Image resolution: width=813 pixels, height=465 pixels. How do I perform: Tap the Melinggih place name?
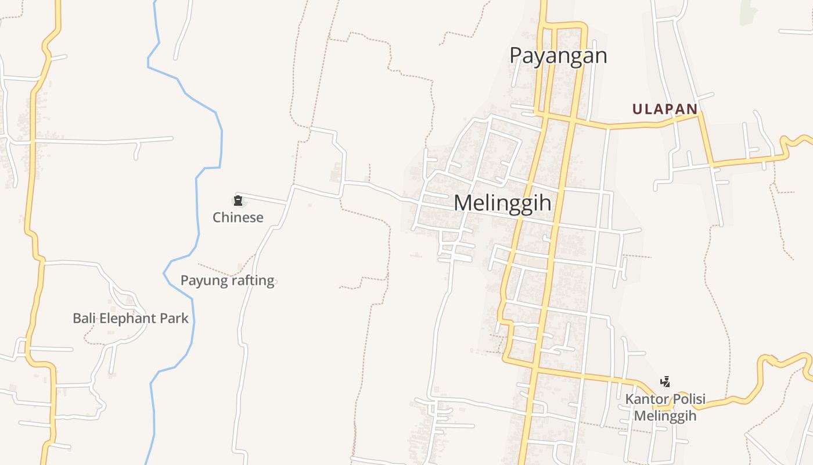[x=502, y=203]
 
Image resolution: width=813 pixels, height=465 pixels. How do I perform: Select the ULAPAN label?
[x=664, y=109]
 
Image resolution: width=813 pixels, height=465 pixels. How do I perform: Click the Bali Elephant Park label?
[x=131, y=319]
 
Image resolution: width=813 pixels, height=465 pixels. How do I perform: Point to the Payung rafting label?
[x=227, y=280]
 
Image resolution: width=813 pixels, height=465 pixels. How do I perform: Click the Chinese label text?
[x=238, y=217]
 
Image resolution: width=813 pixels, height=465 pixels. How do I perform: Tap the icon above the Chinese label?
[x=238, y=201]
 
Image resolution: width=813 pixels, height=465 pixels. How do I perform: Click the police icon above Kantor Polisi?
[x=665, y=382]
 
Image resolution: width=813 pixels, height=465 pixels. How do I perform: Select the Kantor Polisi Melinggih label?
[x=665, y=407]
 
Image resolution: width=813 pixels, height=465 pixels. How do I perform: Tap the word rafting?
[x=251, y=280]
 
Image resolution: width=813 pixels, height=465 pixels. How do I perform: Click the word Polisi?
[x=687, y=399]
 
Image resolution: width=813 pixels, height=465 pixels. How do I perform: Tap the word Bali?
[x=84, y=319]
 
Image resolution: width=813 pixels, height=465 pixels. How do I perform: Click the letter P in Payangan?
[x=516, y=55]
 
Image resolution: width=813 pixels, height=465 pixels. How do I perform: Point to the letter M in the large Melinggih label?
[x=463, y=203]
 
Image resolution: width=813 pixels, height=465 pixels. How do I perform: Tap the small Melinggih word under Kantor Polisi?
[x=665, y=416]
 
